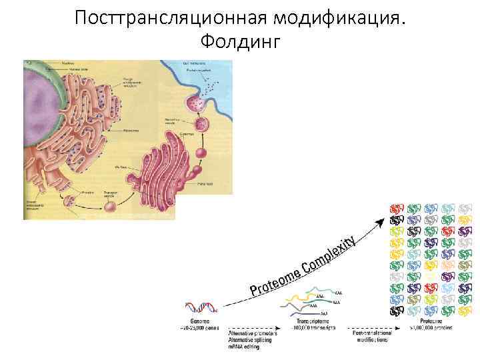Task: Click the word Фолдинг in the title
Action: coord(240,41)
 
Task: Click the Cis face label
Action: coord(121,167)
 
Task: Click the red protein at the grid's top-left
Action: coord(397,208)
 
